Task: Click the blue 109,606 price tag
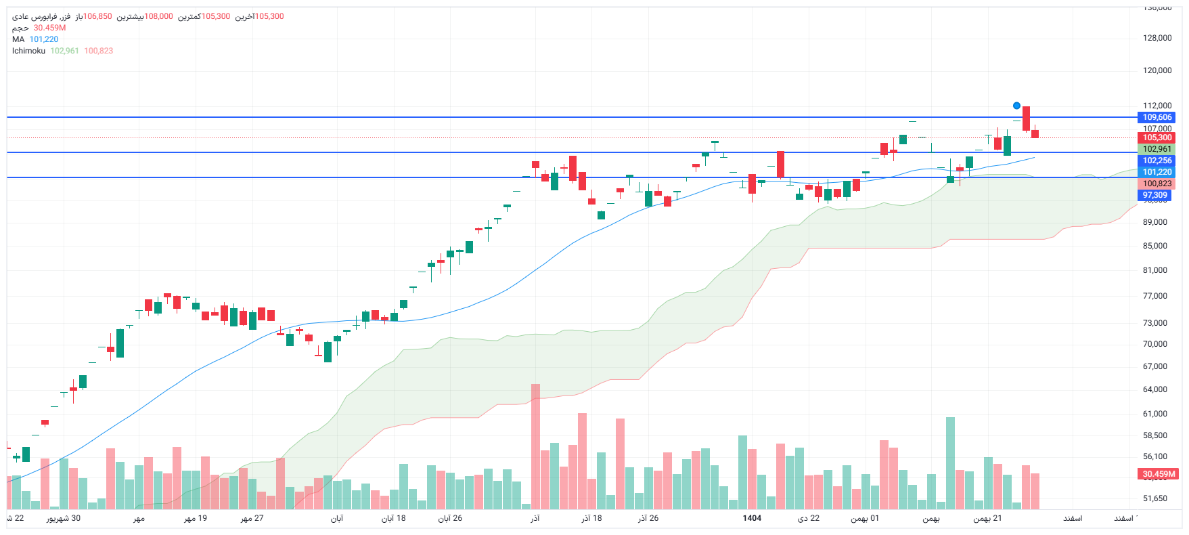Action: [x=1157, y=117]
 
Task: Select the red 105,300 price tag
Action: [x=1157, y=137]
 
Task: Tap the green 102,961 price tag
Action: [x=1157, y=149]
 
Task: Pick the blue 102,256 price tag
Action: [x=1157, y=160]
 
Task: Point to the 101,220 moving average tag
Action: [x=1157, y=172]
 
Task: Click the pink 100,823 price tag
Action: [x=1157, y=184]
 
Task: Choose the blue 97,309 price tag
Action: [x=1155, y=195]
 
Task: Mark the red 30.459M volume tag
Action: [x=1159, y=474]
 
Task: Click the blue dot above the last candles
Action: [x=1016, y=106]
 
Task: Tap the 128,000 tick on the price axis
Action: [x=1157, y=38]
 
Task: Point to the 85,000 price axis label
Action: [x=1155, y=246]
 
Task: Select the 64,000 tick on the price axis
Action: [x=1155, y=389]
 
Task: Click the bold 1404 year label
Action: [x=752, y=518]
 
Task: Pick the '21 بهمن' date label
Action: [x=987, y=518]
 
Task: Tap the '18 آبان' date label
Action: [x=393, y=518]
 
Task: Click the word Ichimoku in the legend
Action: [x=28, y=51]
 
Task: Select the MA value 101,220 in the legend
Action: [x=44, y=39]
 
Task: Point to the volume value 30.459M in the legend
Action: [x=50, y=28]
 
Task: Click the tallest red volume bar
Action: [x=535, y=447]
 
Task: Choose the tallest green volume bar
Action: [x=950, y=463]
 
